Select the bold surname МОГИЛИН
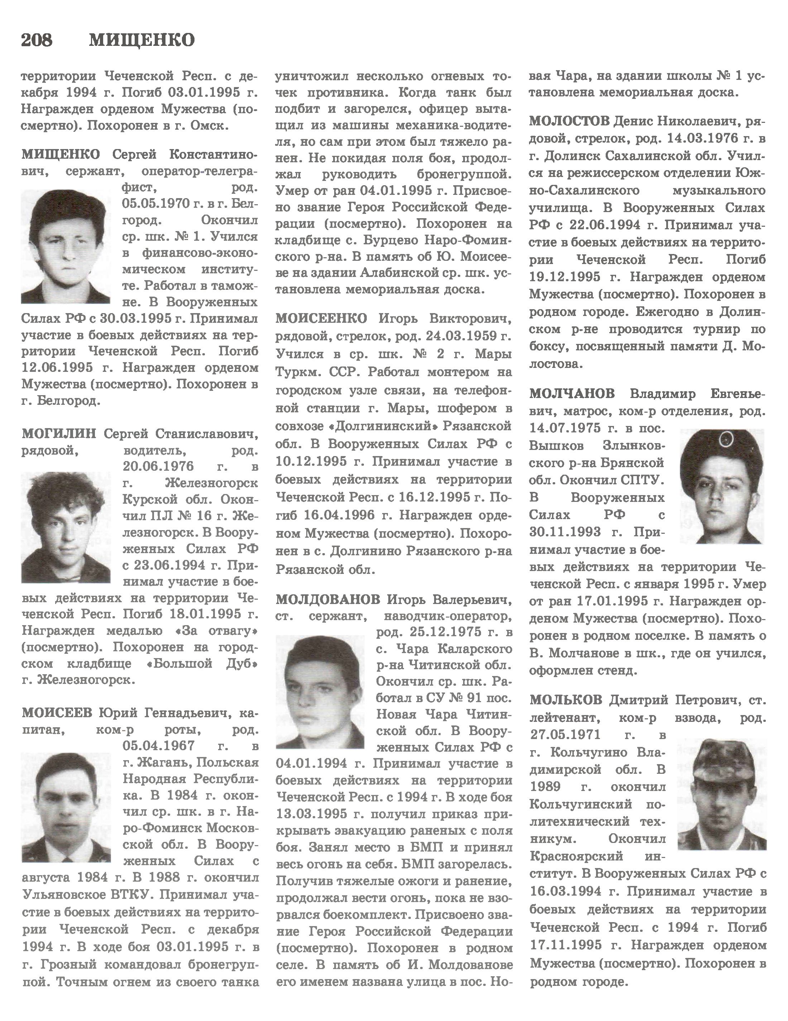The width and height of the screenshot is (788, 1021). [x=59, y=434]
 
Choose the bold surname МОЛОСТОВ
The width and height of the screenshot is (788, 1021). [x=569, y=121]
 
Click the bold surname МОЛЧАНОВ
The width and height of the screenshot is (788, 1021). [x=572, y=394]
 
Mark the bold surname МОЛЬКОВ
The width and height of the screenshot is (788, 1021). [x=566, y=700]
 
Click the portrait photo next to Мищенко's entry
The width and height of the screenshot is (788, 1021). [x=66, y=247]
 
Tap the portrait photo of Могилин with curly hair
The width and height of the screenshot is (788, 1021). [x=66, y=527]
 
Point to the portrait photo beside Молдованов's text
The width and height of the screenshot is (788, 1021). [x=320, y=691]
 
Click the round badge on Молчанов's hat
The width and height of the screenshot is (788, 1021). [x=727, y=438]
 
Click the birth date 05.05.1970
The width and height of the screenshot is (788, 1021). [x=157, y=204]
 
